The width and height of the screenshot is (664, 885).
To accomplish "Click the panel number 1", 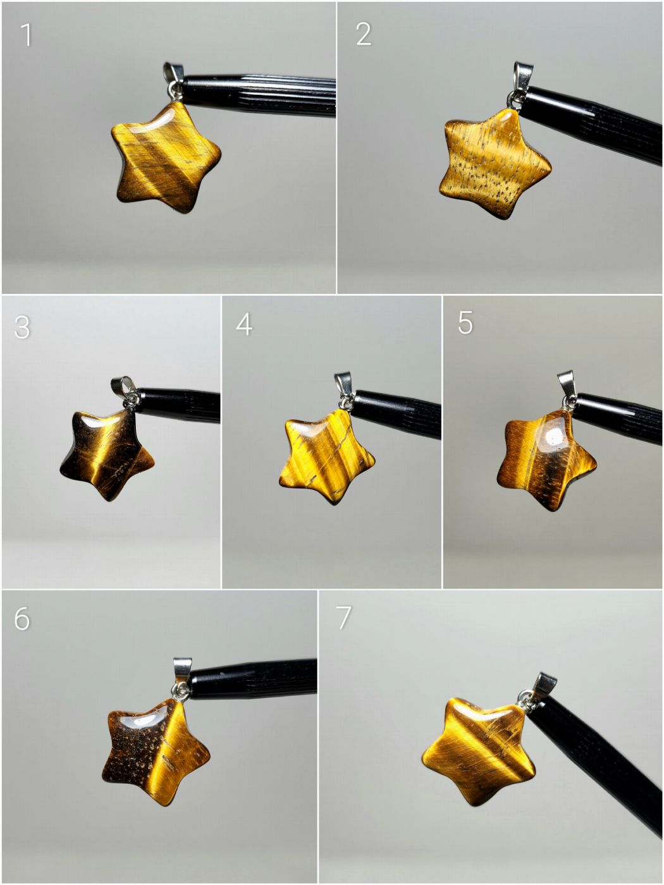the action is coord(26,35).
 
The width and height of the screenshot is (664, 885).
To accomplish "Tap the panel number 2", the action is coord(364,34).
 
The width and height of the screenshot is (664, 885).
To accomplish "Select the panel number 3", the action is coord(22,327).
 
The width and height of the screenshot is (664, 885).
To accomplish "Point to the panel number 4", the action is coord(244,324).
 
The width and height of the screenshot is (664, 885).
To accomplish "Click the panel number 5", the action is coord(465,323).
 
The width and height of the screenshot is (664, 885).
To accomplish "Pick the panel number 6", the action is coord(22,618).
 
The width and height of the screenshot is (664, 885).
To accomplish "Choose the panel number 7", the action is coord(343,617).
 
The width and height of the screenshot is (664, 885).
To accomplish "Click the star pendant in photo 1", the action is coord(166,157).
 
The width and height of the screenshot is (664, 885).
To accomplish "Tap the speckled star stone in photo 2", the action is coord(495,163).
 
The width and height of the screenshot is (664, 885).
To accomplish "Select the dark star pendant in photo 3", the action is coord(108,455).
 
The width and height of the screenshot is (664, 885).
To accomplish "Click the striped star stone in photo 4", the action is coord(326,457).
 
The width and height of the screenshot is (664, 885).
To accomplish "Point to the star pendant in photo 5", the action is coord(546,460).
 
